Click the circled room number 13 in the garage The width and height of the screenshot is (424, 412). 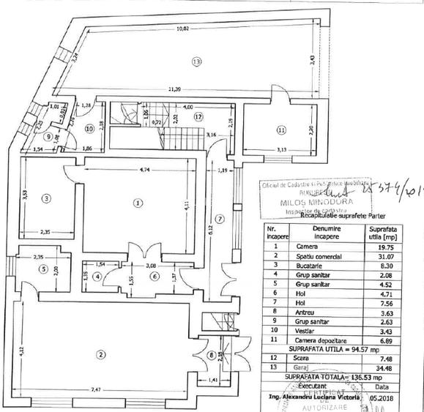196,62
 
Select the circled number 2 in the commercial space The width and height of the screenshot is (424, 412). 100,356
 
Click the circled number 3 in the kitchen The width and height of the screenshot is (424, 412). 45,198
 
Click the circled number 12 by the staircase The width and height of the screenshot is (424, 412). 197,116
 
